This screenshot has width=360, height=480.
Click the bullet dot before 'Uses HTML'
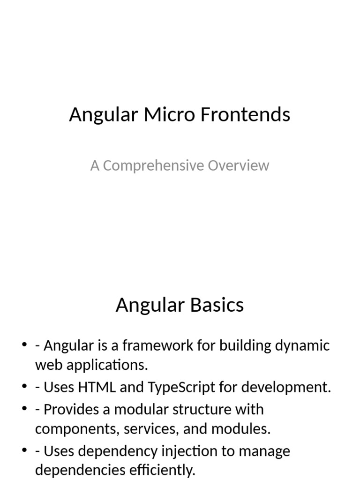click(x=24, y=388)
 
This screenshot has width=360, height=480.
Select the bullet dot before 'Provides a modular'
click(x=24, y=410)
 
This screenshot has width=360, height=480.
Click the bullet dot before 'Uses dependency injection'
click(x=24, y=451)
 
